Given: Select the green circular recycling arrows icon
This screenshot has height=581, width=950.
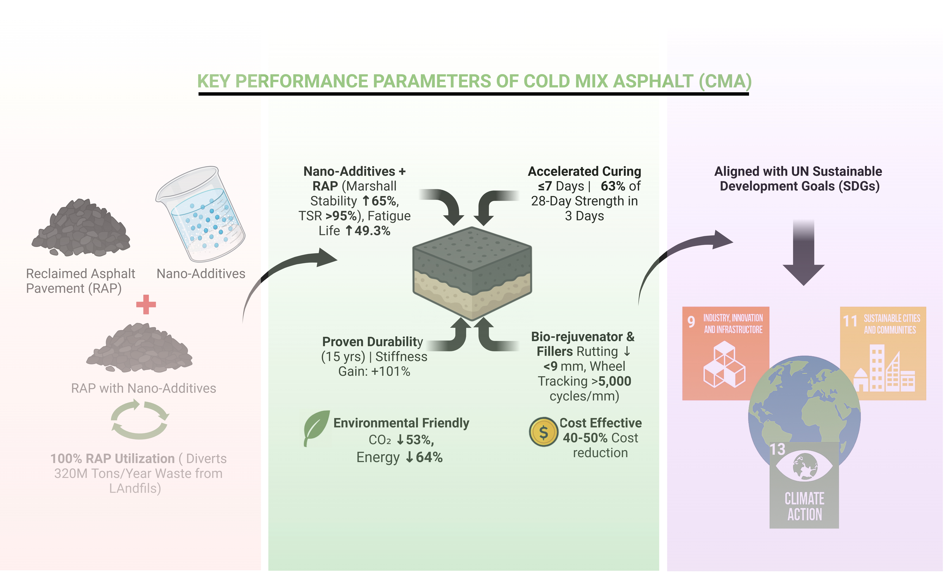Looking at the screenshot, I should click(x=139, y=420).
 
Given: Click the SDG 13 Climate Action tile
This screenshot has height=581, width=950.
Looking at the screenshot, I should click(x=804, y=486).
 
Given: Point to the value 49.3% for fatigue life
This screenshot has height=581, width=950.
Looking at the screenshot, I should click(x=372, y=231).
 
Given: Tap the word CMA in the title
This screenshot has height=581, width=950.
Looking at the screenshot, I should click(x=725, y=81).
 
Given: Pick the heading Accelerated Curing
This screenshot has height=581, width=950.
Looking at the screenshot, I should click(x=584, y=171).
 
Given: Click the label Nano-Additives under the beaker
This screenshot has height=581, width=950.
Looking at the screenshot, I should click(x=200, y=274).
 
